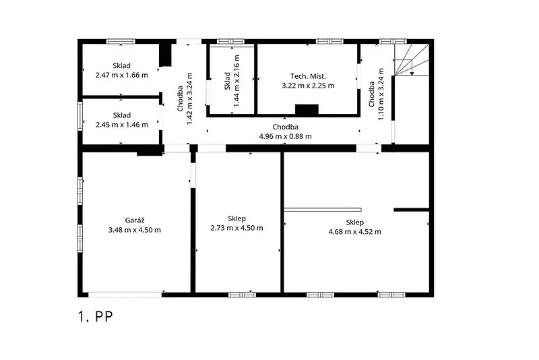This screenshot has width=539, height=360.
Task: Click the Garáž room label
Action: click(134, 220)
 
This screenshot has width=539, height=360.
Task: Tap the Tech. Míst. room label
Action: click(308, 76)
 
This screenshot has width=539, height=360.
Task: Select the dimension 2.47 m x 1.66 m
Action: click(122, 75)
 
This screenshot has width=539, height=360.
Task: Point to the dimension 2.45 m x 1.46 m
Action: click(122, 125)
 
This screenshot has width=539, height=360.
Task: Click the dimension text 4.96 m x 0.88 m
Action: click(285, 136)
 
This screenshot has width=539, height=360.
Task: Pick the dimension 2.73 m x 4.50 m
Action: click(237, 228)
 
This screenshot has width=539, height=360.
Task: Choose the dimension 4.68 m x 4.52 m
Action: click(355, 231)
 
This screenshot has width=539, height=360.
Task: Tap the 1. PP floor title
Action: click(95, 317)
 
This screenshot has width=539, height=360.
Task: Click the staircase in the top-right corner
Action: click(412, 59)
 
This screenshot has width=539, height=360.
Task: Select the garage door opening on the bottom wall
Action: click(125, 295)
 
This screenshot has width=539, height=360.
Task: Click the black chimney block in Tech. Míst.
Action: click(307, 109)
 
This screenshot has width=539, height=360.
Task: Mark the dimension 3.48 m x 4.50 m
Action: click(134, 230)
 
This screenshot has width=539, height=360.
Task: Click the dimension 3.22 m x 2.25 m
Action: click(308, 86)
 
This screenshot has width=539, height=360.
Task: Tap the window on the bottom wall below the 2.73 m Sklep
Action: click(242, 295)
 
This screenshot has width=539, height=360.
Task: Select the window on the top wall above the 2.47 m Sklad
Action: click(121, 41)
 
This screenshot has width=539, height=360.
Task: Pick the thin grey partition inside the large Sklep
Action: click(323, 210)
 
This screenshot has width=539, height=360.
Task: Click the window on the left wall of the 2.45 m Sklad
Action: click(80, 116)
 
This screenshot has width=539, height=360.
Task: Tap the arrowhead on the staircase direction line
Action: click(412, 73)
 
